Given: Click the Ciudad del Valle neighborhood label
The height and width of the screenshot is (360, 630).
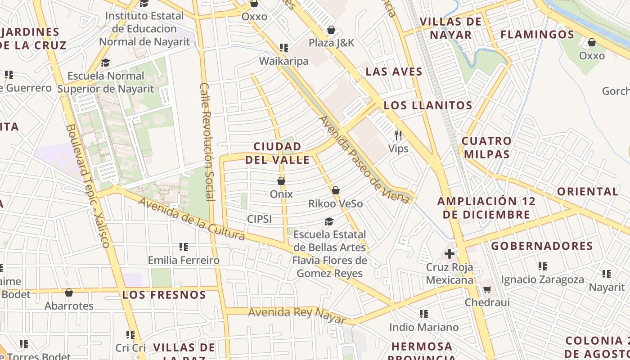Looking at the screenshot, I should click(x=277, y=153).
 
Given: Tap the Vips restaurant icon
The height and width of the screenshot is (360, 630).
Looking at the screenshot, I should click(x=398, y=135).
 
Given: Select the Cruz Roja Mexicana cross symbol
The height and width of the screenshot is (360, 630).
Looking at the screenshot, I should click(x=449, y=254).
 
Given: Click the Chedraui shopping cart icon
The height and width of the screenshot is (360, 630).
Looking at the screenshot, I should click(x=487, y=289).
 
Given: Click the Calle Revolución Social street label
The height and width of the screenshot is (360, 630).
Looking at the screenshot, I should click(x=207, y=141).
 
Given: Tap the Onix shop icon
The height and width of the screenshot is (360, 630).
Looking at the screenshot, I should click(x=281, y=181).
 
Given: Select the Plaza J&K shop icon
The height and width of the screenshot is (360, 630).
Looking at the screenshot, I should click(x=331, y=30).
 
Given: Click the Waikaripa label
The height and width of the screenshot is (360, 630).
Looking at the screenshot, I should click(x=283, y=61).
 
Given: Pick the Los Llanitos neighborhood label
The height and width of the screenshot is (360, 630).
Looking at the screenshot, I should click(x=427, y=106).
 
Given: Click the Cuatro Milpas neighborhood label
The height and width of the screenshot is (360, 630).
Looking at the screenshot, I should click(x=487, y=148).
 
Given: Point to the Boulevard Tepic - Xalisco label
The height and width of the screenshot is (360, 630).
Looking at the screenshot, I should click(x=88, y=185).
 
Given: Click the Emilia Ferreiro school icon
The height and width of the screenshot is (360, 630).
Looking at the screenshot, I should click(x=184, y=247).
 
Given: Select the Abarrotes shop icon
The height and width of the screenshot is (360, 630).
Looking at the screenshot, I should click(x=69, y=293).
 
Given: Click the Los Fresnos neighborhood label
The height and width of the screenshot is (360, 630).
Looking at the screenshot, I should click(x=164, y=295).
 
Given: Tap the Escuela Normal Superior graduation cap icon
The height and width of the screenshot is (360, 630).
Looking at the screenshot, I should click(x=106, y=63).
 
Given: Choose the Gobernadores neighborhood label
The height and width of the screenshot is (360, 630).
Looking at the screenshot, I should click(x=542, y=246).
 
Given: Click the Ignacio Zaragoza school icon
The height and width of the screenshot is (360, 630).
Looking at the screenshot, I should click(x=543, y=266).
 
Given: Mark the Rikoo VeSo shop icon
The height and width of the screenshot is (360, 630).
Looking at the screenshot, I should click(x=335, y=190).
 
